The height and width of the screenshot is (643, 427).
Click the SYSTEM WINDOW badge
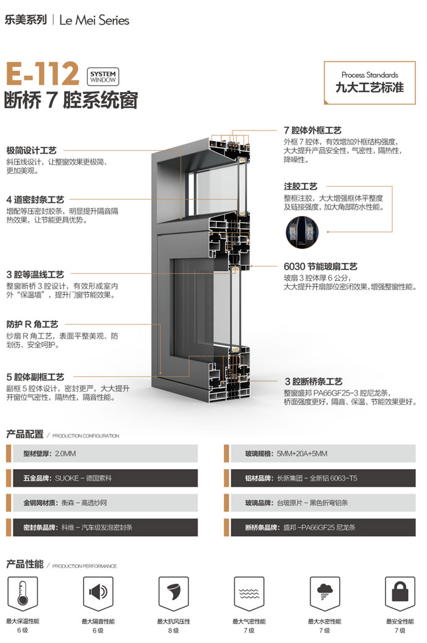[x=103, y=77]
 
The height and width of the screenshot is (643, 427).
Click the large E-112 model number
[x=41, y=74]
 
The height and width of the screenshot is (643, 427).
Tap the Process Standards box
[x=370, y=82]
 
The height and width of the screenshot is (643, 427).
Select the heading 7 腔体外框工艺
[x=312, y=131]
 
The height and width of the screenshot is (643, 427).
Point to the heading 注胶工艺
[x=301, y=187]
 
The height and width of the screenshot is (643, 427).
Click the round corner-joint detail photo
[x=302, y=232]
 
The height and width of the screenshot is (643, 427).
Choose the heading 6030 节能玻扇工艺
[x=320, y=267]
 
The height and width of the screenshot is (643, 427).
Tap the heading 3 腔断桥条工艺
[x=314, y=382]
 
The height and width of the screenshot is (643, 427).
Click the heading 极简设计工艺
[x=32, y=151]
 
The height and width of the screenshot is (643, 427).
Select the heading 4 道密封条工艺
[x=35, y=199]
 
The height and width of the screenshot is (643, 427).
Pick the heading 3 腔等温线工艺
[x=35, y=275]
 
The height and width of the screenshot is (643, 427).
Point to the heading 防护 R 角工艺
[x=32, y=325]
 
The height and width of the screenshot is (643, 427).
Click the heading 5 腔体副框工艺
[x=35, y=377]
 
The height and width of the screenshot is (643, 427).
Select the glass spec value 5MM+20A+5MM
[x=302, y=453]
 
